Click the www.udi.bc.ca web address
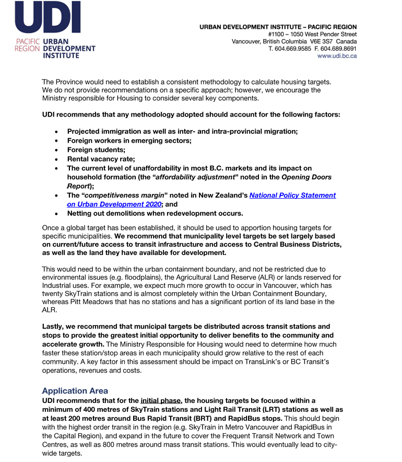(337, 56)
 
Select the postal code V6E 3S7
(320, 41)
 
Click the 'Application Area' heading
(75, 391)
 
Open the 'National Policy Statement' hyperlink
(292, 195)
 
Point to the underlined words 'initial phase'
(160, 401)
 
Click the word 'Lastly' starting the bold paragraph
(53, 326)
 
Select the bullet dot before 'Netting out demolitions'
(56, 214)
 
